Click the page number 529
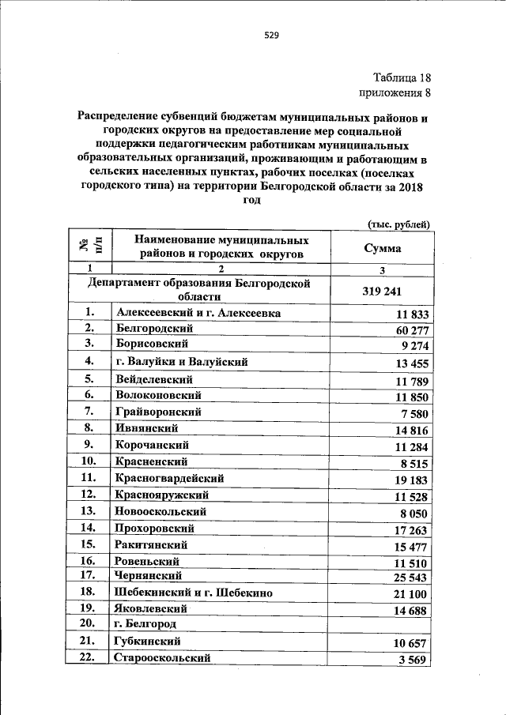tap(272, 35)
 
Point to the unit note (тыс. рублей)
tap(400, 224)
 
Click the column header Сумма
tap(382, 248)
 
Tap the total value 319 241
tap(383, 291)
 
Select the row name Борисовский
tap(151, 344)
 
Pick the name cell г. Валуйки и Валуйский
tap(182, 362)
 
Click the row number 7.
tap(89, 412)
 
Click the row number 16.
tap(89, 562)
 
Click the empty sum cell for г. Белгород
tap(383, 624)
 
